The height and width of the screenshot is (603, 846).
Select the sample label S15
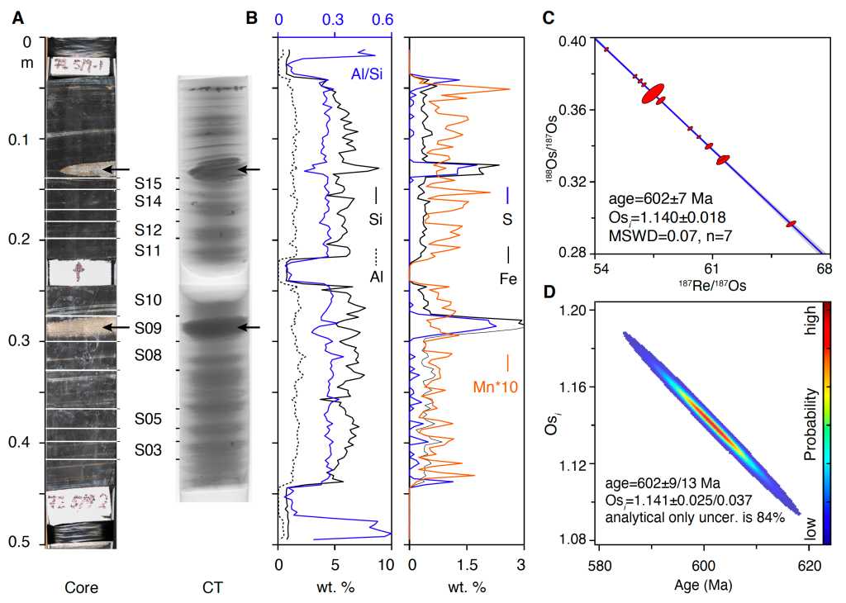coord(149,183)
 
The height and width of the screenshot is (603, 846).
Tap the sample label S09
coord(149,328)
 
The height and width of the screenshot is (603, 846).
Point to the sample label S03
coord(149,450)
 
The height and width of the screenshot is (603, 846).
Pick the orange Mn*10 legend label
coord(495,386)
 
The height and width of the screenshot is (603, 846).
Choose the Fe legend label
coord(507,279)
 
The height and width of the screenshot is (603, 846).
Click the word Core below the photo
coord(81,588)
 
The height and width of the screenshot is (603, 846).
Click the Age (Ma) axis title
coord(703,586)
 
